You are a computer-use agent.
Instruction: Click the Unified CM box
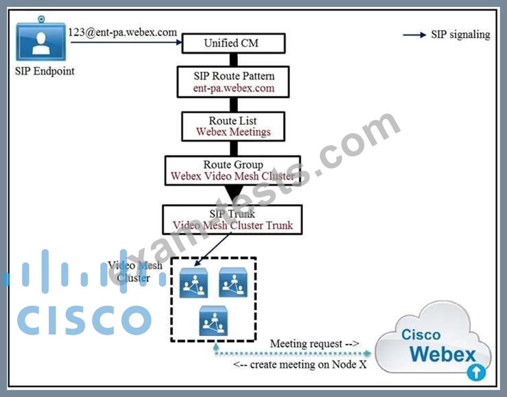click(x=234, y=44)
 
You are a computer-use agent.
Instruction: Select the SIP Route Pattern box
click(x=234, y=82)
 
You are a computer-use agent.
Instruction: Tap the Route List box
click(x=234, y=126)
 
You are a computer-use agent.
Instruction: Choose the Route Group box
click(x=233, y=171)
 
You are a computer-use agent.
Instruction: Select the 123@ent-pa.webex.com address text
click(x=123, y=32)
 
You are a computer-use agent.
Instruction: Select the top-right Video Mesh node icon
click(x=233, y=283)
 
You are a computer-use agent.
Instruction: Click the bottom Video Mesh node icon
click(x=213, y=320)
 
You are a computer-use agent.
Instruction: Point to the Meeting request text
click(x=314, y=344)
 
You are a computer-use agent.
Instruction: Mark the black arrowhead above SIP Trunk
click(x=233, y=194)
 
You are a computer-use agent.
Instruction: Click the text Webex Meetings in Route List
click(x=233, y=132)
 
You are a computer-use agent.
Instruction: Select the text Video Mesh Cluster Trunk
click(x=232, y=225)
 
